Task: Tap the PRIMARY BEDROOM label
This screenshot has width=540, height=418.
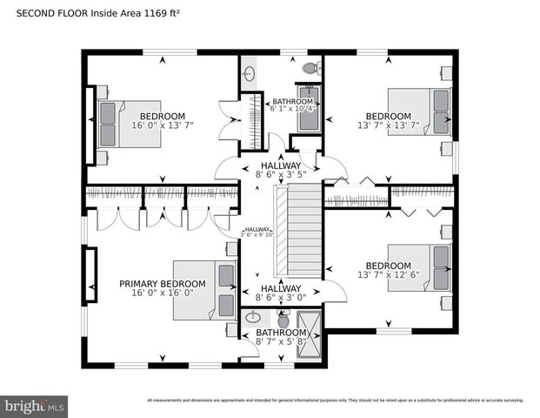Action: (x=163, y=284)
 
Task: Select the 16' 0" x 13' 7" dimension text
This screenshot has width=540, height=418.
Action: (x=163, y=125)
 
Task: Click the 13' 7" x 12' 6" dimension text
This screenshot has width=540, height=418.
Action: (x=388, y=276)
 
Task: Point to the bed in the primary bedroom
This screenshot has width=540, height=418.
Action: (x=205, y=285)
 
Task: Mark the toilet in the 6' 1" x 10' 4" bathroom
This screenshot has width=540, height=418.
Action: (x=311, y=68)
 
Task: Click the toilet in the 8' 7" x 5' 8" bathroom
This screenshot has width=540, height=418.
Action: (x=284, y=320)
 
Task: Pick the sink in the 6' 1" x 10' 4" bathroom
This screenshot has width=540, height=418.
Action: (x=249, y=74)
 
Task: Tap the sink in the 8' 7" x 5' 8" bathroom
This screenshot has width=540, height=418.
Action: (x=253, y=318)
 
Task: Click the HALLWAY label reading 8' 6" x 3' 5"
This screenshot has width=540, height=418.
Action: (x=281, y=170)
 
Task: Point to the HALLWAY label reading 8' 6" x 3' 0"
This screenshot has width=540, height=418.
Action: (x=281, y=293)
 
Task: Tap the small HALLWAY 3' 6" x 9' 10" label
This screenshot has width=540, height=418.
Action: (x=257, y=232)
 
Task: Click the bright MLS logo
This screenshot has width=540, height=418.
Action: (x=35, y=405)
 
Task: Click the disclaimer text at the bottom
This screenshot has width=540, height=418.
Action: (x=335, y=401)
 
